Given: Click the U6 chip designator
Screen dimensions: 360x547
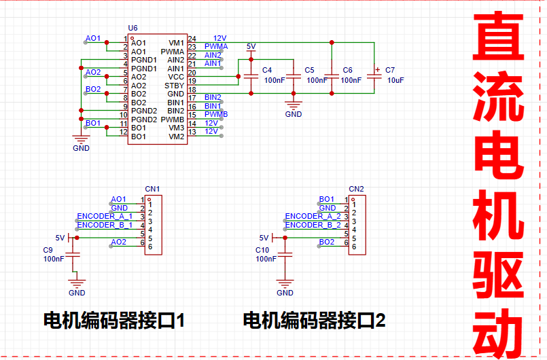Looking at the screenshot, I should pos(133,29).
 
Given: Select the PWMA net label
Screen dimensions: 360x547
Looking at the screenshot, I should pos(216,46).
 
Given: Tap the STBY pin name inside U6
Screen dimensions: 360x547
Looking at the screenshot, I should pos(175,86).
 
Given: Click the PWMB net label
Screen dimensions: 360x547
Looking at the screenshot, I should pos(216,114).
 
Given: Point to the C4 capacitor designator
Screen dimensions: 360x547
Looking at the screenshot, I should pos(267,70).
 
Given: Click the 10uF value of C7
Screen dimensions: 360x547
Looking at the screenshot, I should pos(395,80).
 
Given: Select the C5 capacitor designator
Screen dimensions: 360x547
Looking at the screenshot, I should pos(309,70).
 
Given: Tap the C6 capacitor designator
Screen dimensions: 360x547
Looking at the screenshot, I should pos(347,70).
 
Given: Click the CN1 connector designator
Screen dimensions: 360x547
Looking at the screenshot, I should pos(152,188).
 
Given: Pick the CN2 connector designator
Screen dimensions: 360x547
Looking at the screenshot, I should pos(357,188).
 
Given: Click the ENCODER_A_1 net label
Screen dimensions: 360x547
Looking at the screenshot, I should pos(105,216).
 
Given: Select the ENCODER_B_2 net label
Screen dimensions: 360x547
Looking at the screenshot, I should pos(313,225).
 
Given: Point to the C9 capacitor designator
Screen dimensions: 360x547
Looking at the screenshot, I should pos(48,250).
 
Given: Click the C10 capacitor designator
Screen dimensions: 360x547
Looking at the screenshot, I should pos(262,250).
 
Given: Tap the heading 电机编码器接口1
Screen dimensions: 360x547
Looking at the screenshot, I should pos(114,320).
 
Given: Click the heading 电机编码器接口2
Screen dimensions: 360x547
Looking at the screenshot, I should pos(315,320).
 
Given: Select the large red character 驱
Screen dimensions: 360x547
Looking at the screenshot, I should pos(499,273).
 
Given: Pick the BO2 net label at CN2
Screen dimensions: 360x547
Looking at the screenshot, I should pos(327,242).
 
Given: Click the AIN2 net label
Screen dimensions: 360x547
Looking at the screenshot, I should pos(213,55).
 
